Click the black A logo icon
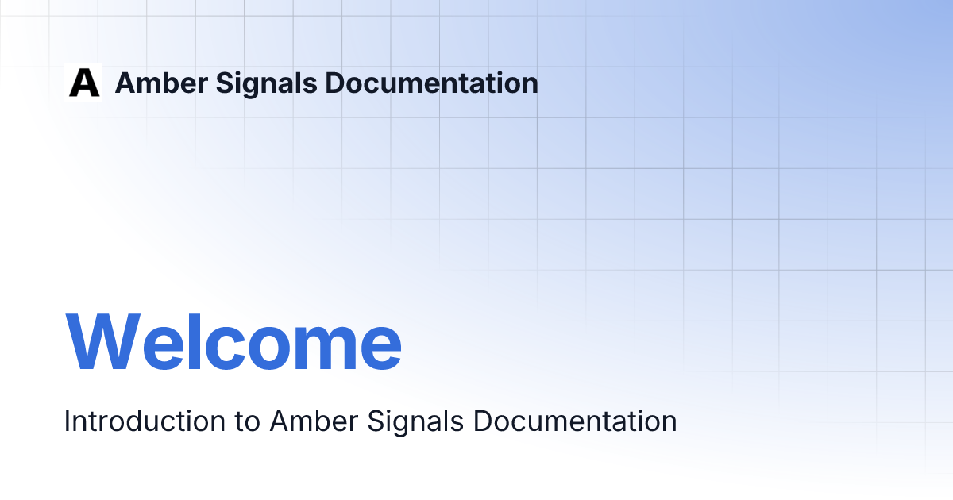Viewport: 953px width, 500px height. click(x=84, y=83)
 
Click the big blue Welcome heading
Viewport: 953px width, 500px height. click(x=233, y=343)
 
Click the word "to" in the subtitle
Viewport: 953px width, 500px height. click(x=247, y=421)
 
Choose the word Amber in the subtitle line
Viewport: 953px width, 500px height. click(x=313, y=421)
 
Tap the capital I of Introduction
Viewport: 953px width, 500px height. click(x=67, y=421)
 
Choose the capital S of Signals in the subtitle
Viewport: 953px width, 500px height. click(x=376, y=421)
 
